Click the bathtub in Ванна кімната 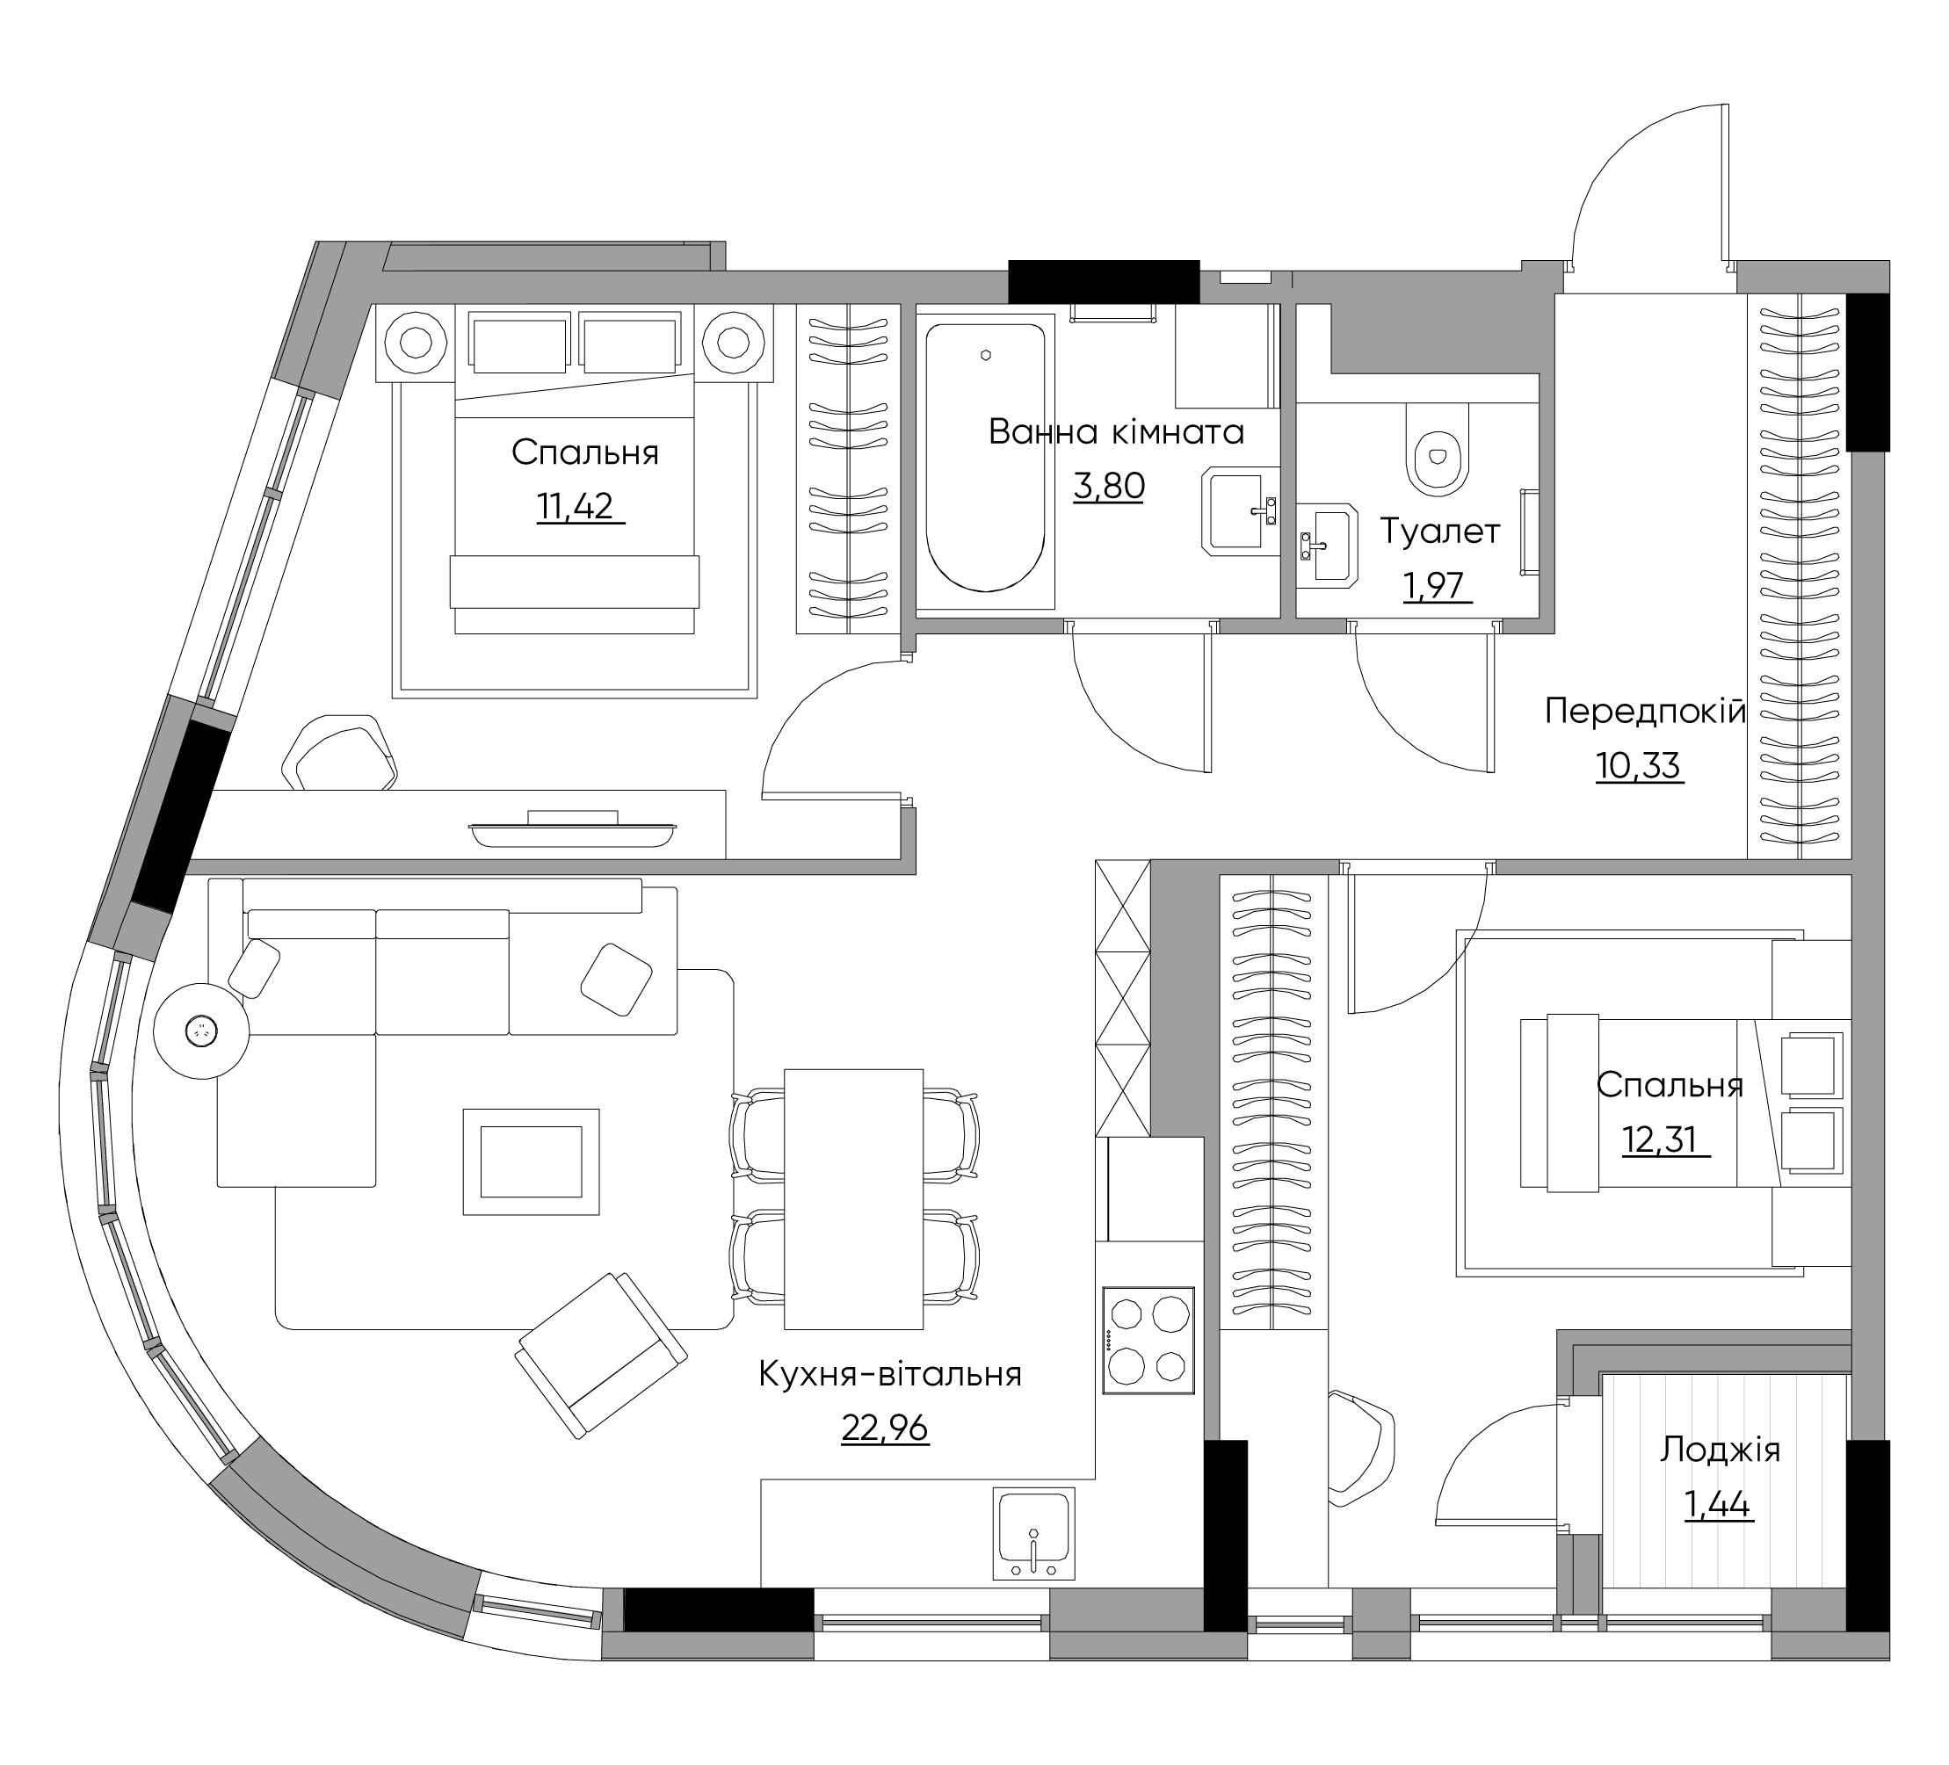coord(985,457)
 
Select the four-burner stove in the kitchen coord(1148,1340)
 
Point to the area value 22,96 coord(885,1428)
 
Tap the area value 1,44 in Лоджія coord(1719,1505)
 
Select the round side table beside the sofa coord(201,1031)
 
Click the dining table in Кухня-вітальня coord(853,1198)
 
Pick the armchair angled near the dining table coord(601,1353)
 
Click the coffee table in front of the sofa coord(531,1161)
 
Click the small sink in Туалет coord(1328,547)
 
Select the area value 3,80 coord(1109,485)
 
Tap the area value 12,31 coord(1660,1139)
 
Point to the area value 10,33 coord(1639,765)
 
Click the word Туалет coord(1439,532)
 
